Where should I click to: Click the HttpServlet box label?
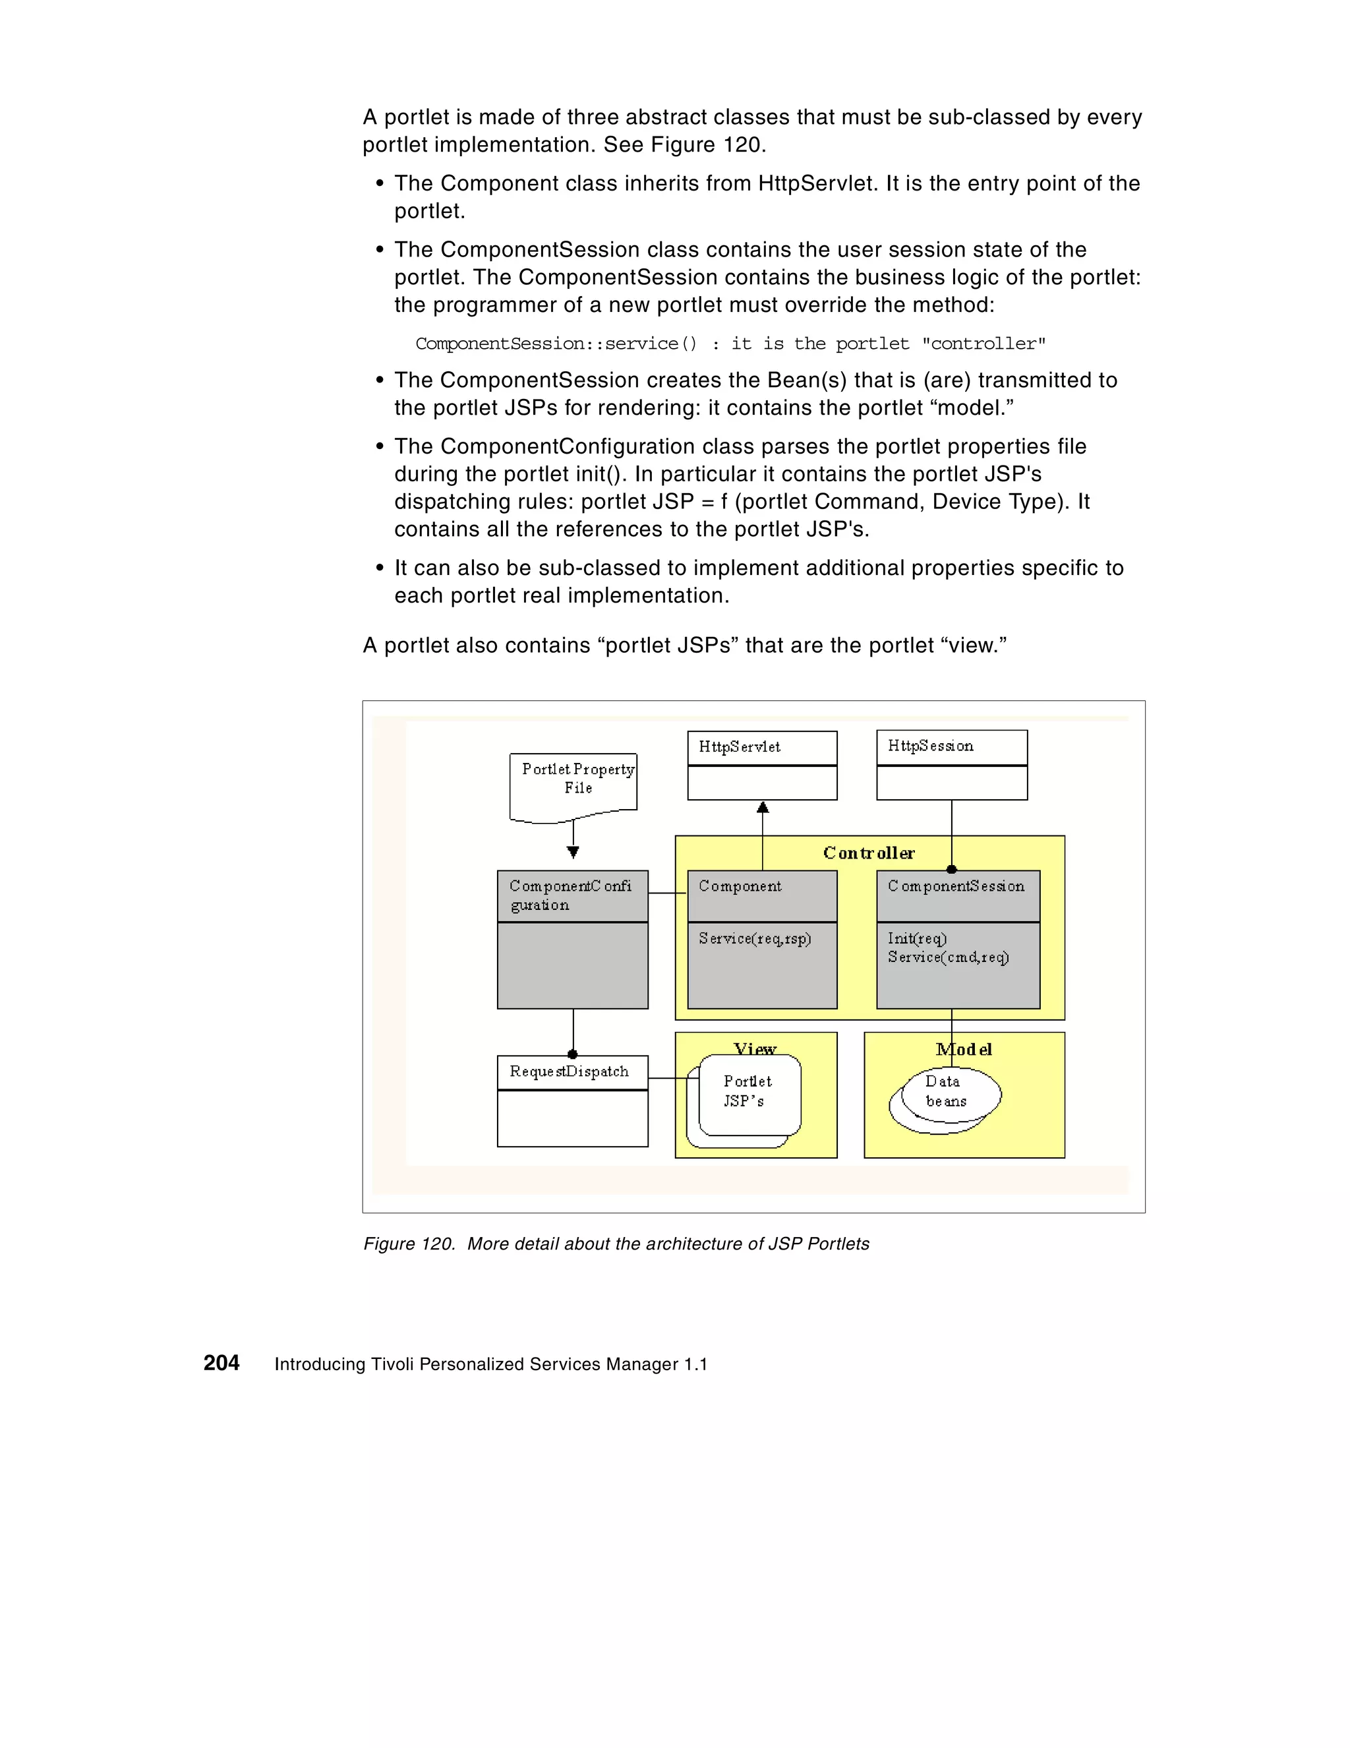point(739,747)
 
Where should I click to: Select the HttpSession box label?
point(930,746)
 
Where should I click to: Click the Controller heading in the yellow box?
point(868,853)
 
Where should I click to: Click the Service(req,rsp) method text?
point(755,938)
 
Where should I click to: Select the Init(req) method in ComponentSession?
point(917,938)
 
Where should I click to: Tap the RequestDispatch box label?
point(569,1071)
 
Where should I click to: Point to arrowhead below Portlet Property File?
point(573,853)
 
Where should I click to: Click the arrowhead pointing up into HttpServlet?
point(763,808)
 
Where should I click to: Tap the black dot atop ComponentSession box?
point(951,870)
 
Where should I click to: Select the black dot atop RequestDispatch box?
point(572,1054)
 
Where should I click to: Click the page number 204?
point(221,1363)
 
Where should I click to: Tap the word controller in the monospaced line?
point(983,344)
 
